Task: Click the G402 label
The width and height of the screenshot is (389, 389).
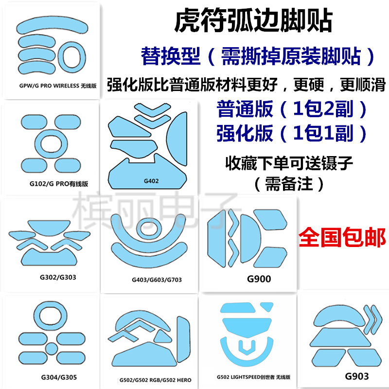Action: [151, 181]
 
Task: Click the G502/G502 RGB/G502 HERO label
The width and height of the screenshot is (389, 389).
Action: [154, 379]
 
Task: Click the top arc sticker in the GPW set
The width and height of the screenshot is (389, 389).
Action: [51, 25]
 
